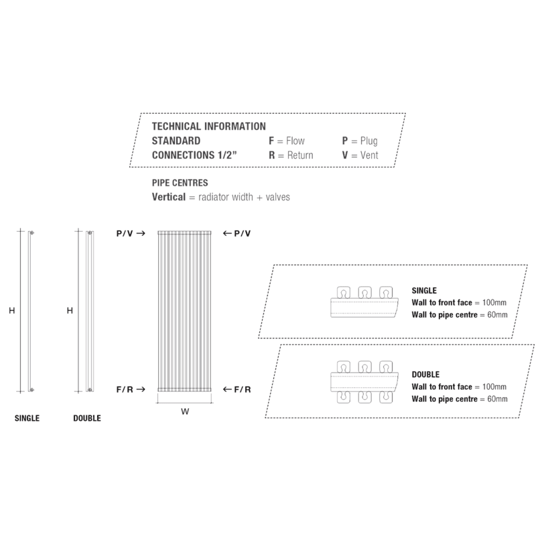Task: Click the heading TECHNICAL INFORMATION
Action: (209, 126)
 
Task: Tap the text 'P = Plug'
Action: (360, 141)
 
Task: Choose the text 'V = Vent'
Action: (360, 155)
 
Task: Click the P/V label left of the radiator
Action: (125, 233)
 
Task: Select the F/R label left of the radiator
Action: (125, 389)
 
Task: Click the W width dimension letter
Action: (185, 412)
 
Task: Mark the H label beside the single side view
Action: (12, 311)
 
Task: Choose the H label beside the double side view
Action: (70, 311)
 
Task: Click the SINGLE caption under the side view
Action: (27, 419)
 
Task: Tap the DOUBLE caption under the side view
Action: (86, 419)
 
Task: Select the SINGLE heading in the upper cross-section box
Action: (424, 291)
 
